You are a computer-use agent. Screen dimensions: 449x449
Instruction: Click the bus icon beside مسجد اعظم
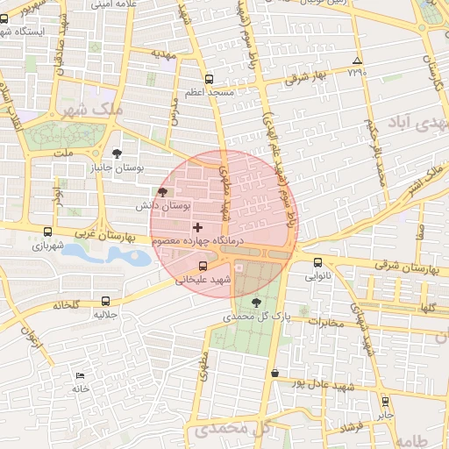pyautogui.click(x=208, y=78)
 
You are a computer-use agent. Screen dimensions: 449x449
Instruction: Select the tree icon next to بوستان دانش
pyautogui.click(x=161, y=192)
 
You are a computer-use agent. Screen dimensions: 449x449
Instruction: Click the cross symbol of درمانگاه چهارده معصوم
pyautogui.click(x=197, y=227)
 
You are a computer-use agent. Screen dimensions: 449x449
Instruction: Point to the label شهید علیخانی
pyautogui.click(x=203, y=281)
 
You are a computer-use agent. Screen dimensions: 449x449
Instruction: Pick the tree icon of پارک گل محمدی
pyautogui.click(x=256, y=302)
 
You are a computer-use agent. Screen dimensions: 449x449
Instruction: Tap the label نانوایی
pyautogui.click(x=317, y=275)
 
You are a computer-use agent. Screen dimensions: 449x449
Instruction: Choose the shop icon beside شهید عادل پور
pyautogui.click(x=275, y=373)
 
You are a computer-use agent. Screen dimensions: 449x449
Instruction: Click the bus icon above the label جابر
pyautogui.click(x=385, y=401)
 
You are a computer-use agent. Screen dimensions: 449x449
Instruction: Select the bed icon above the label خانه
pyautogui.click(x=80, y=375)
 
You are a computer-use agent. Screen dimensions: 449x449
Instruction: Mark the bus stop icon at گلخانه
pyautogui.click(x=106, y=301)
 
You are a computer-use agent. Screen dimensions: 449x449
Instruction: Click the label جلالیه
pyautogui.click(x=106, y=314)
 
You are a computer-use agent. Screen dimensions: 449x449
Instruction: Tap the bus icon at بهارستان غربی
pyautogui.click(x=47, y=232)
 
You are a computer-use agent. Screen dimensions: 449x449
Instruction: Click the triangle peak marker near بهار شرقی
pyautogui.click(x=356, y=61)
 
